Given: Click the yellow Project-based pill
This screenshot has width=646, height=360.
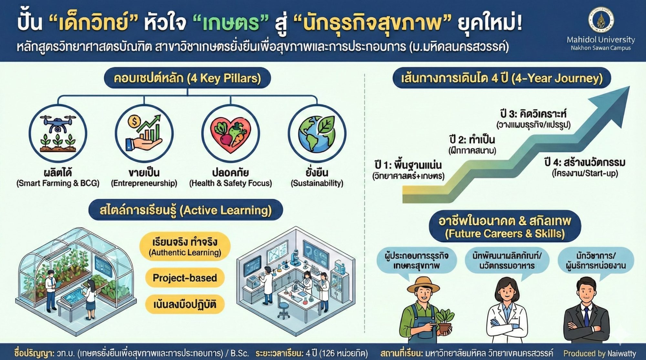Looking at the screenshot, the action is click(x=185, y=278).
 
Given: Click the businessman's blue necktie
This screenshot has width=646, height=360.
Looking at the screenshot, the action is click(x=586, y=317).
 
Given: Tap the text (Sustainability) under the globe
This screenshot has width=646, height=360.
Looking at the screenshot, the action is click(x=317, y=183).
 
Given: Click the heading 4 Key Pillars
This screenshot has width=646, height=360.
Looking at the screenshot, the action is click(x=187, y=78).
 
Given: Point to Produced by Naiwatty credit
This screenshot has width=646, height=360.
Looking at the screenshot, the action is click(x=600, y=353).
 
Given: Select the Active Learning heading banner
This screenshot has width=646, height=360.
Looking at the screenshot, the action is click(x=186, y=210).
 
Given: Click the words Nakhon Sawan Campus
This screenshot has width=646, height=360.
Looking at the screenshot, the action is click(x=601, y=48).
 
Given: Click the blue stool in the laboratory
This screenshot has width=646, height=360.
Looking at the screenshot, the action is click(x=283, y=309).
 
